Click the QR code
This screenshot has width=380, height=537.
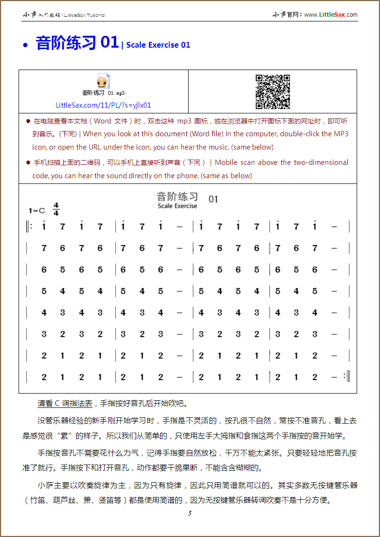[x=273, y=91]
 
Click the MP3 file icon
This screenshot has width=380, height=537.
[x=103, y=81]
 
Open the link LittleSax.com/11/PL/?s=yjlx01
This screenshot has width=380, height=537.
[x=103, y=105]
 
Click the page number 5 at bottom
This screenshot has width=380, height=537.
[x=190, y=513]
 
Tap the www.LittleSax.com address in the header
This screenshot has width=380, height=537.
[x=331, y=15]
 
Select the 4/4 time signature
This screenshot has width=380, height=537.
[x=56, y=209]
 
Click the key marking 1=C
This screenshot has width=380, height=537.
[x=37, y=211]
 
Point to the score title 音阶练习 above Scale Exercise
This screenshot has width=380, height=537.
[x=177, y=197]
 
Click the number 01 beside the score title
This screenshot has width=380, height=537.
[x=213, y=199]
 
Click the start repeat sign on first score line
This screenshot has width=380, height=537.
[x=30, y=227]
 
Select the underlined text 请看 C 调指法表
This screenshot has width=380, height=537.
[x=65, y=403]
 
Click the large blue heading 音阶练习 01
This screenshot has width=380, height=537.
[x=77, y=43]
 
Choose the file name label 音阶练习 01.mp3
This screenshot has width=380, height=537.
[x=103, y=93]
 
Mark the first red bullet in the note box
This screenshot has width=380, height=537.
[x=28, y=121]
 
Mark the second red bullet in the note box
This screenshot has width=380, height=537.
[x=28, y=162]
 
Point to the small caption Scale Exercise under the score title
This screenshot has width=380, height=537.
[x=177, y=206]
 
